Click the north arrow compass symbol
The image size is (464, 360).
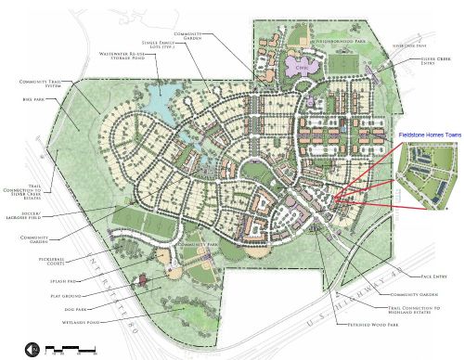[32, 351]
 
